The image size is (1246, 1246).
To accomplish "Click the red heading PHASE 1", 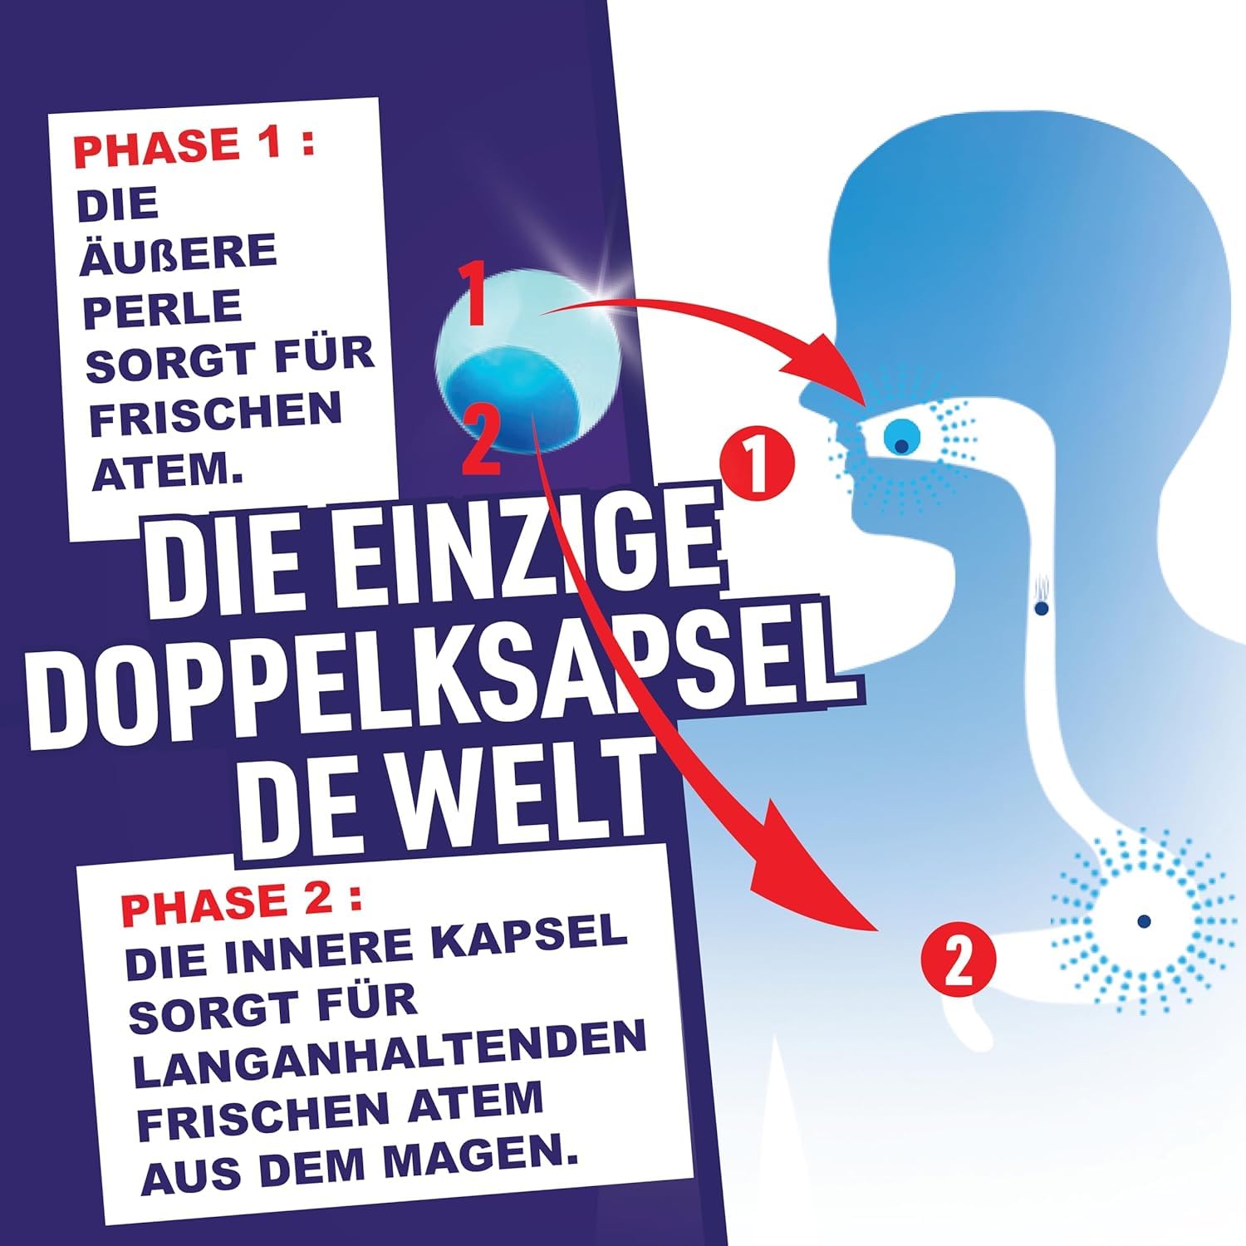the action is pos(194,145).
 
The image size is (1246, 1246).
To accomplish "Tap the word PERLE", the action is pos(162,308).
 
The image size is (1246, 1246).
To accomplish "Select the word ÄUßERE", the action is pos(178,253).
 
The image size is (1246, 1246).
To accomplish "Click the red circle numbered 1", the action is pos(757,464).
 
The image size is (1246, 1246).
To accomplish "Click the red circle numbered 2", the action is pos(959,962).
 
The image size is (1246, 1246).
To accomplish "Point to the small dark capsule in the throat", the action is pos(1041,608).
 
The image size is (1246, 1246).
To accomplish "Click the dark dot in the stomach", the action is pos(1144,920).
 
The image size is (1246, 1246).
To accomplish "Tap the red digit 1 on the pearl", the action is pos(474,294).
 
